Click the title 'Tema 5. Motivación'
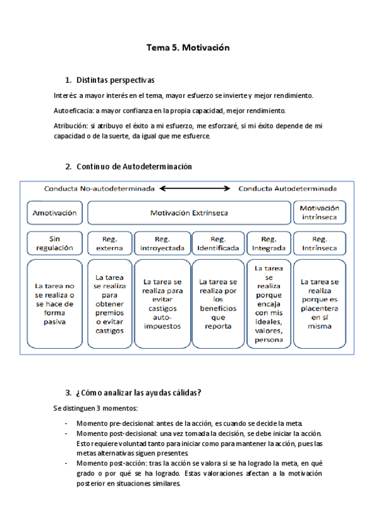pos(188,47)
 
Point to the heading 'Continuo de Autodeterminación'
pos(134,166)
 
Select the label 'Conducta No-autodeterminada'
pos(99,188)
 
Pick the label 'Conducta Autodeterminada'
pos(288,188)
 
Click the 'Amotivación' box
pos(55,213)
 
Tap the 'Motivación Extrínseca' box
pos(189,213)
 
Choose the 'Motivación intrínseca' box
pos(320,213)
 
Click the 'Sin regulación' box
pos(55,243)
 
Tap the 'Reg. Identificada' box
pos(217,243)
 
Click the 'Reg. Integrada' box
pos(268,243)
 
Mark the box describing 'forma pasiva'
pos(55,304)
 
